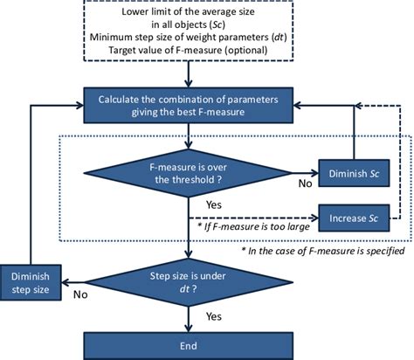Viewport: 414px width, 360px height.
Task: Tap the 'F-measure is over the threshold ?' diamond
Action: tap(188, 169)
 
